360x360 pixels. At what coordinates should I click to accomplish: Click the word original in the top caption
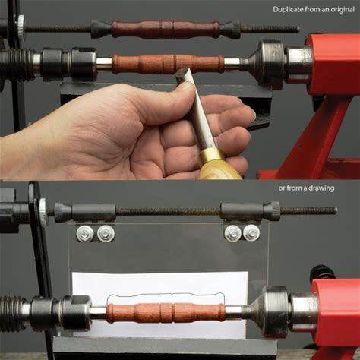click(x=343, y=10)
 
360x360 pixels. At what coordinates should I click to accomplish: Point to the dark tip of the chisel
click(x=182, y=74)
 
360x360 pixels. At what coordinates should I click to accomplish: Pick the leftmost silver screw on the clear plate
click(x=82, y=233)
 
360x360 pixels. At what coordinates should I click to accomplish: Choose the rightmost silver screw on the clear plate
click(x=251, y=232)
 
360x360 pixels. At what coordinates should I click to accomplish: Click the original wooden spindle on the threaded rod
click(x=166, y=28)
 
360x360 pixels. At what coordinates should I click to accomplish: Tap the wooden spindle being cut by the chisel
click(x=168, y=64)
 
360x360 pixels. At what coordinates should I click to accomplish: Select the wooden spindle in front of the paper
click(x=166, y=313)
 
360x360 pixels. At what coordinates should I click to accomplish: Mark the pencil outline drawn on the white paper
click(x=166, y=295)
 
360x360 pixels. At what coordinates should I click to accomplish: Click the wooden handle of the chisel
click(x=220, y=169)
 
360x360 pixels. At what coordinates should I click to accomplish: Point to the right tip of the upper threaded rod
click(x=298, y=29)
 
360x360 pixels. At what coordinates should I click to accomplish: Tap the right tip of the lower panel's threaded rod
click(x=336, y=210)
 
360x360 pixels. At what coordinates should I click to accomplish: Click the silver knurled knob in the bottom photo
click(x=43, y=212)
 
